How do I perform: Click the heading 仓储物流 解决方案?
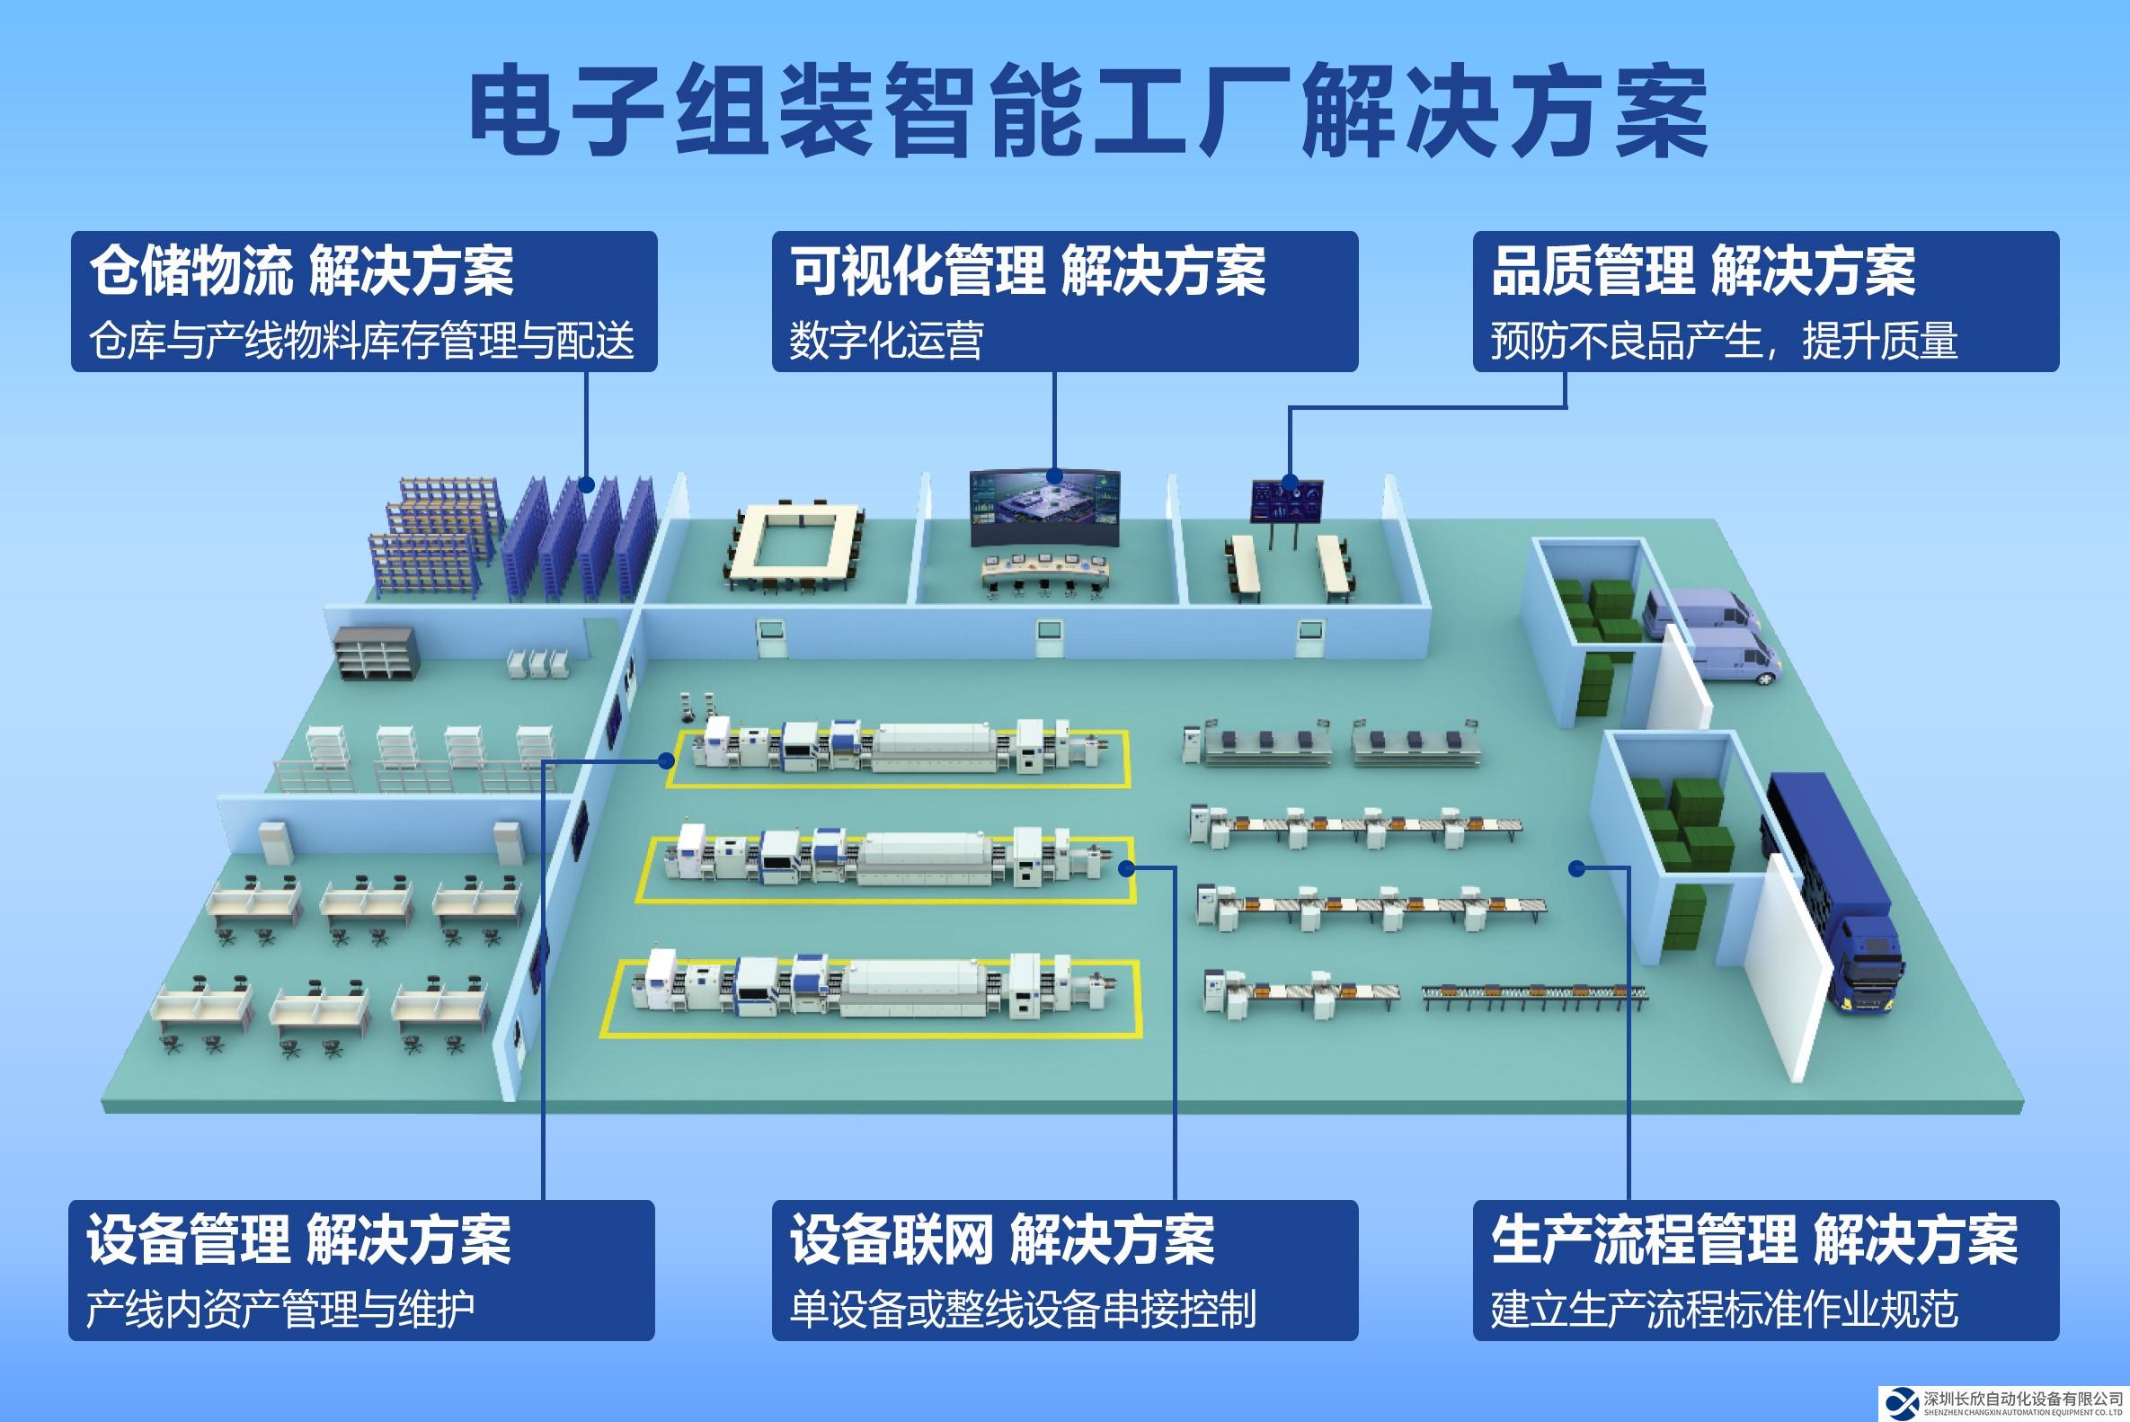(x=302, y=271)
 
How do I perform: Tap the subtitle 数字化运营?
(x=886, y=342)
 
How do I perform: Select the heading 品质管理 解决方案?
(x=1703, y=271)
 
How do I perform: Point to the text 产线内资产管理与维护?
(x=280, y=1310)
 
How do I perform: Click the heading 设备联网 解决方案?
(x=1001, y=1240)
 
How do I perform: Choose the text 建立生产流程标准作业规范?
(x=1724, y=1310)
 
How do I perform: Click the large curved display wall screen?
(x=1044, y=509)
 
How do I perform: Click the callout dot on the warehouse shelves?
(x=586, y=485)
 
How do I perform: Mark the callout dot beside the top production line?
(x=667, y=760)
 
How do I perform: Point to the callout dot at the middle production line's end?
(x=1125, y=868)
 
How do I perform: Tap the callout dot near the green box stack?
(x=1576, y=868)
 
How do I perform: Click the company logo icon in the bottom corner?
(x=1900, y=1402)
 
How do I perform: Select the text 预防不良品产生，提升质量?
(x=1723, y=342)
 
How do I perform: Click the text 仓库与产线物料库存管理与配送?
(x=362, y=342)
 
